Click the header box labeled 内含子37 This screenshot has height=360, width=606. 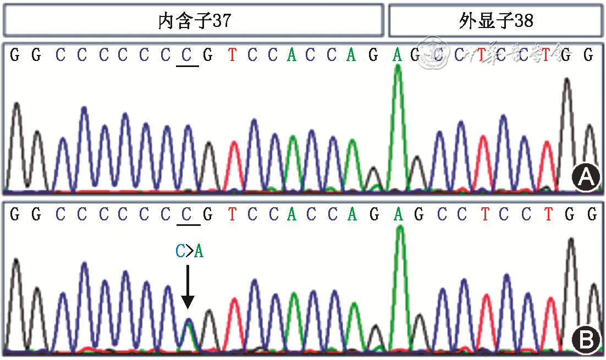pos(194,21)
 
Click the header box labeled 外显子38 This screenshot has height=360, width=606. pos(495,21)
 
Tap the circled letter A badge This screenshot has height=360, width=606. pos(586,177)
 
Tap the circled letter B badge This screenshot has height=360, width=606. pos(586,339)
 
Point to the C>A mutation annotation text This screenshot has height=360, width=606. pos(189,252)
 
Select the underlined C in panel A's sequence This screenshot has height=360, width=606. pos(188,55)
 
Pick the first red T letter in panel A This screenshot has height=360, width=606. pos(233,55)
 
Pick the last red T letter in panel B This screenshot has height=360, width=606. pos(548,215)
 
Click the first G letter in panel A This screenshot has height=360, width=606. pos(15,55)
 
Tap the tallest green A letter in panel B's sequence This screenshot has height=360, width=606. pos(398,215)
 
